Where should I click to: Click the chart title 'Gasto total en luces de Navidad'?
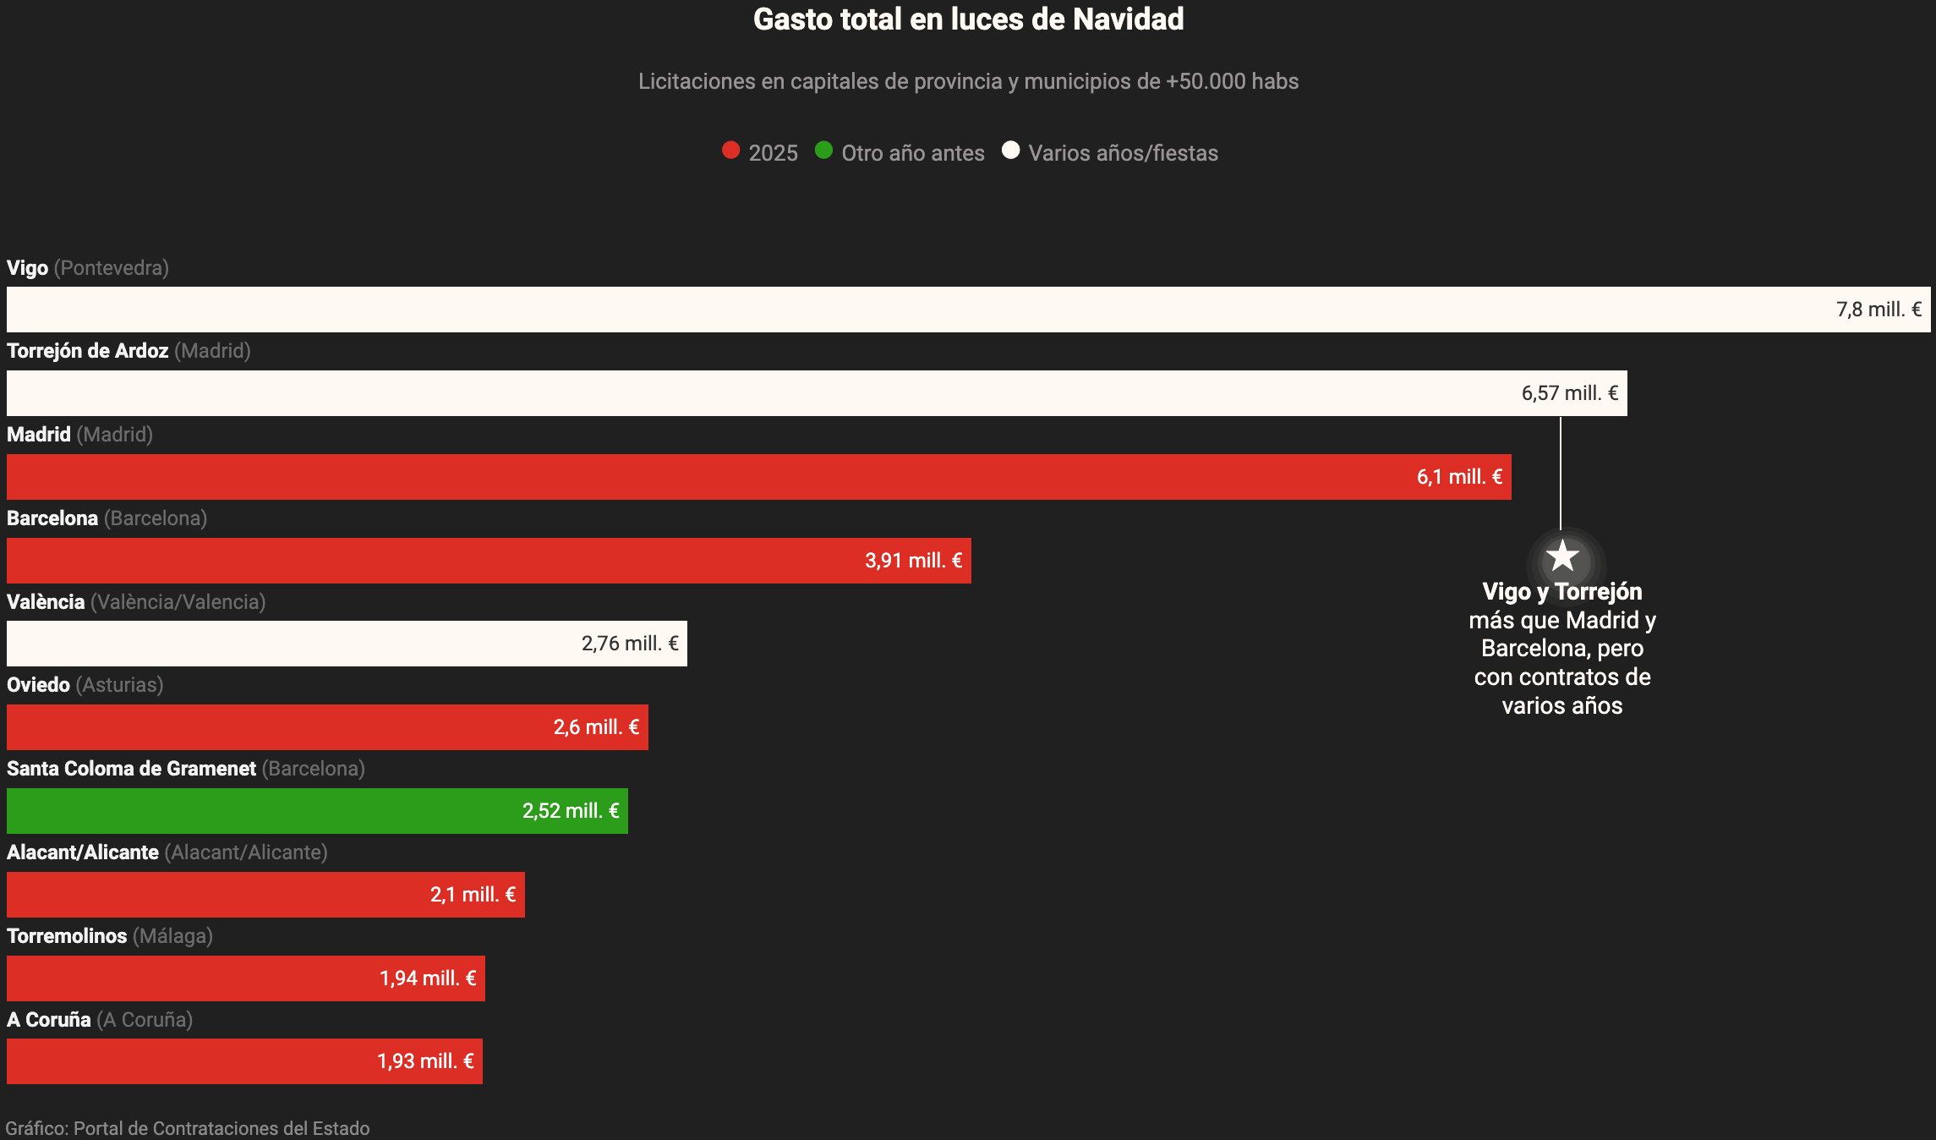click(x=968, y=19)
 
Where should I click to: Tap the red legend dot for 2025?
click(x=731, y=151)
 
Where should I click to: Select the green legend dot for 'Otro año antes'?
click(x=823, y=151)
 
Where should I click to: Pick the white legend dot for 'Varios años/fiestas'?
click(x=1010, y=151)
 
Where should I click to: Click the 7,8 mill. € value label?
click(x=1879, y=310)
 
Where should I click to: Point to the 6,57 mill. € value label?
click(x=1569, y=393)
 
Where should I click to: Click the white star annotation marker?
click(x=1561, y=557)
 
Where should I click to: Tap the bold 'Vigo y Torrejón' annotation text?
click(x=1561, y=592)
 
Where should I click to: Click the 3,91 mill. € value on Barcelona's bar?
click(x=913, y=561)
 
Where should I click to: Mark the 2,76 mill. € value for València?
click(x=630, y=644)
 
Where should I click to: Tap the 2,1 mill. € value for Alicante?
click(x=473, y=895)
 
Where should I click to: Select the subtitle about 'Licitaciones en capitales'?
click(x=968, y=81)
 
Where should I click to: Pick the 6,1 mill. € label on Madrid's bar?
click(x=1459, y=477)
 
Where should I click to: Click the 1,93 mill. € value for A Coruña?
click(x=425, y=1061)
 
